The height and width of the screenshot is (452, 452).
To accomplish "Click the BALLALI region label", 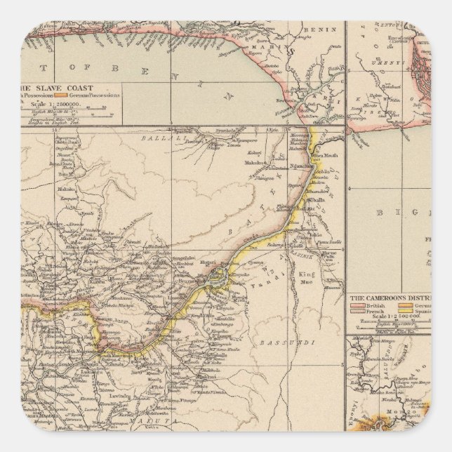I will [x=159, y=139].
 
